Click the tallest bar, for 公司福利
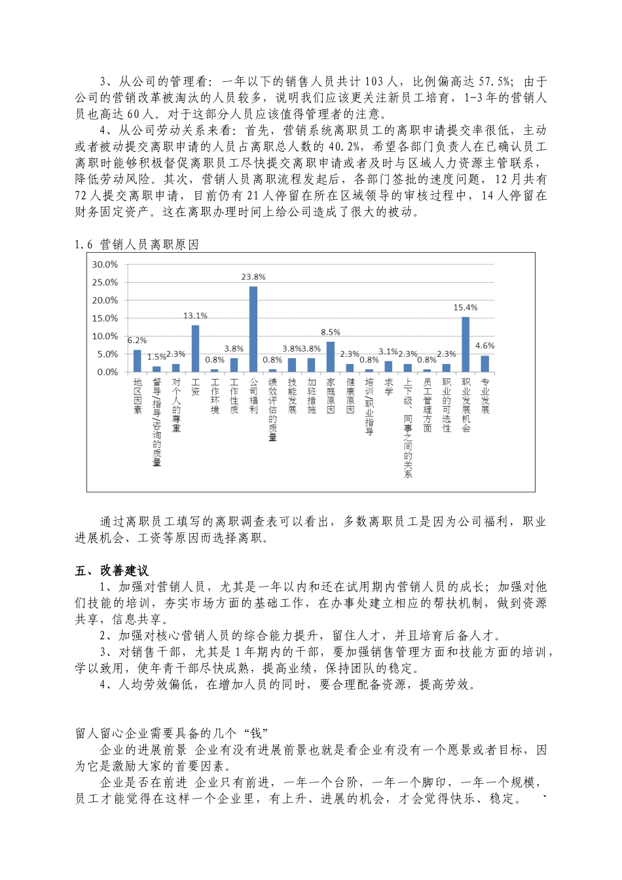pos(253,329)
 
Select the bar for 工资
pos(195,348)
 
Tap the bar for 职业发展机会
pos(466,344)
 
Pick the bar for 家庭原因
pos(331,357)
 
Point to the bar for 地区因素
pos(137,361)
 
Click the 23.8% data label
pos(253,277)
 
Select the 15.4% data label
pos(466,308)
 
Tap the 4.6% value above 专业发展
pos(485,346)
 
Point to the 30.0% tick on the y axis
pos(105,265)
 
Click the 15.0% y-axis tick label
pos(105,318)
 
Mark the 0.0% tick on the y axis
pos(107,372)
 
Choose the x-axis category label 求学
pos(388,387)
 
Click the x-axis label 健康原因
pos(350,396)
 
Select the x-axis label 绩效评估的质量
pos(273,409)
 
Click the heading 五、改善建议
pos(111,571)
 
